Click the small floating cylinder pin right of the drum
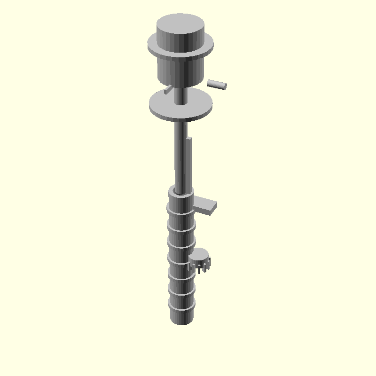pyautogui.click(x=217, y=84)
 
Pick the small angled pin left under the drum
pyautogui.click(x=168, y=89)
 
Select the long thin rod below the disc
pyautogui.click(x=179, y=155)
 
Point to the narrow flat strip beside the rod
pyautogui.click(x=188, y=164)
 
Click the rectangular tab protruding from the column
pyautogui.click(x=207, y=205)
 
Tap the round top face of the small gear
pyautogui.click(x=200, y=254)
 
